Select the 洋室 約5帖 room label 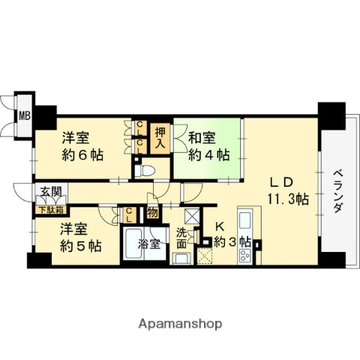(x=78, y=236)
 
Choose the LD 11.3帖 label (x=285, y=191)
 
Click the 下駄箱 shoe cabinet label (x=46, y=211)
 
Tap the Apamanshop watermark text (x=179, y=324)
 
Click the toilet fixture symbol (x=148, y=170)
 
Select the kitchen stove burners (x=245, y=254)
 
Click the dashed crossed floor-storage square (x=205, y=256)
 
